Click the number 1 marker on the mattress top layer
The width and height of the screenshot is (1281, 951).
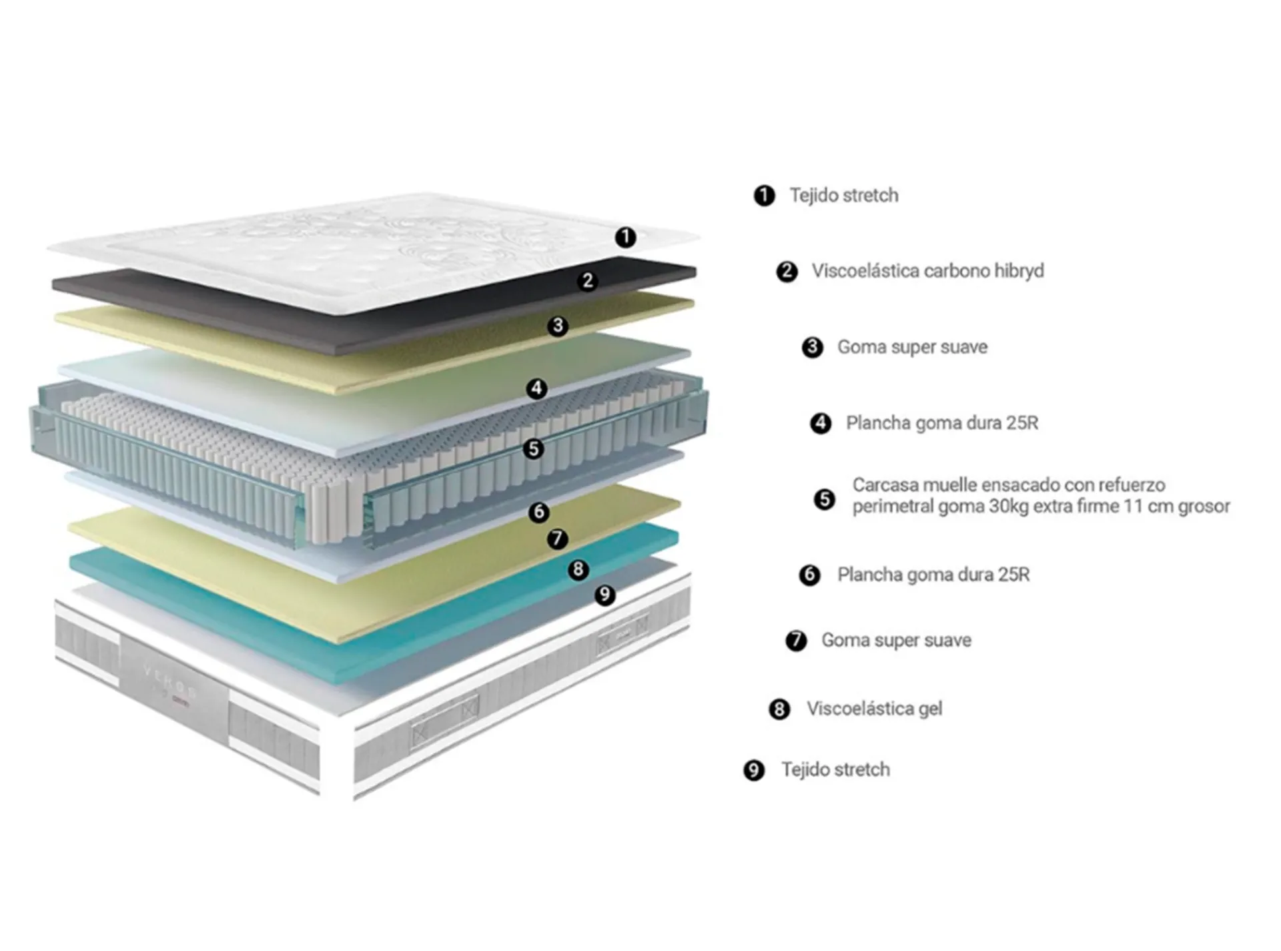(625, 237)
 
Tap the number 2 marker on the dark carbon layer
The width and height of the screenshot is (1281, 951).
(588, 280)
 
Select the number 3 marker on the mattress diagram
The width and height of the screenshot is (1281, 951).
(558, 326)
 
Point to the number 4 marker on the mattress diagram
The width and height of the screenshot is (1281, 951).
(537, 388)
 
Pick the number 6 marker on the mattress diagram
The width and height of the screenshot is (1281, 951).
(539, 512)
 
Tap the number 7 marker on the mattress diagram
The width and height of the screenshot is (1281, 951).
(558, 539)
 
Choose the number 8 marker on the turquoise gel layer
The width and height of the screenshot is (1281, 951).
(578, 569)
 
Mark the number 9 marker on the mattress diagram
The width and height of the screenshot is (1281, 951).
(605, 594)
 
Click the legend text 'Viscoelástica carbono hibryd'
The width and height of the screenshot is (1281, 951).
(927, 271)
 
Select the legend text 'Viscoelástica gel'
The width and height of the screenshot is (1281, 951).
(874, 709)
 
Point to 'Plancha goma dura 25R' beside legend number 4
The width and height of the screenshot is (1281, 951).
(942, 423)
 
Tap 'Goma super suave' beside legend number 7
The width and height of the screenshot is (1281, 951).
(896, 641)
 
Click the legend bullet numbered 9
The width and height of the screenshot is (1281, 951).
(754, 771)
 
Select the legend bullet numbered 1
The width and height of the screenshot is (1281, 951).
(764, 196)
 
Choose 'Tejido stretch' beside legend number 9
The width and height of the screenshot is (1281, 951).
(835, 770)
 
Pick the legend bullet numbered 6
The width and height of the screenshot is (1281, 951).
(810, 575)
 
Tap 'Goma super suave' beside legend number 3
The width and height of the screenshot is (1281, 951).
(912, 347)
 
